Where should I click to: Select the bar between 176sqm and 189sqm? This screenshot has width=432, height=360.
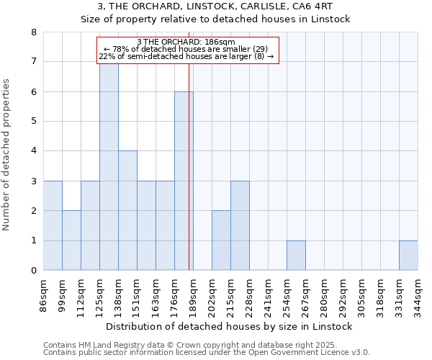(184, 181)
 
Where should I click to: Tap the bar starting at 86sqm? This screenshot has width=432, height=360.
(53, 225)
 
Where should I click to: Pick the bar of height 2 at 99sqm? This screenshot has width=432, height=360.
(71, 240)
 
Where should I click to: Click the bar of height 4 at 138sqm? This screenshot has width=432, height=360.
(127, 210)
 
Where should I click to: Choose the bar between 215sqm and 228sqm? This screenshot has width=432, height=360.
(240, 225)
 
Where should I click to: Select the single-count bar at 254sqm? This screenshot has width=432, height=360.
(296, 256)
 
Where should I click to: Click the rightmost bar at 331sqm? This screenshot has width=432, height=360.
(408, 256)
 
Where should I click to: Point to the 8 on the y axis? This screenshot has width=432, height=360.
(33, 32)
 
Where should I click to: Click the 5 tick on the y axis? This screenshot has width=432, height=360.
(33, 122)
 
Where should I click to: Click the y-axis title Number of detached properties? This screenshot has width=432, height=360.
(7, 151)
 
